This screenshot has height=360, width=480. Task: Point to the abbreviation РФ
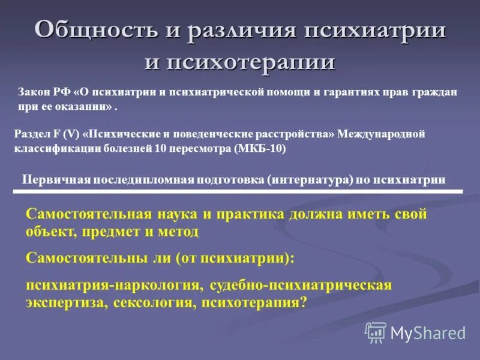(x=63, y=93)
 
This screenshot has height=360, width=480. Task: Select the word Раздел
(x=30, y=134)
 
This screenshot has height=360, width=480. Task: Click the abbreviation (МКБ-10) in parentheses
(x=260, y=149)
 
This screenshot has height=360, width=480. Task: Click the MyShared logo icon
(x=376, y=332)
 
